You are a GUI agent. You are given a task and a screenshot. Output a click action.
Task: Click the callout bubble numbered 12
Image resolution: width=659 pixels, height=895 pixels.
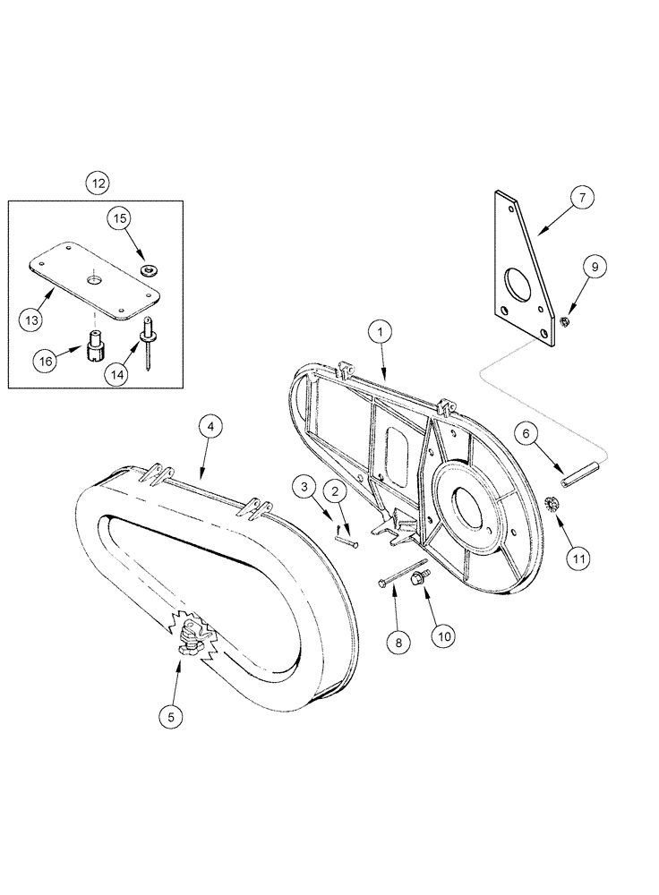tap(97, 183)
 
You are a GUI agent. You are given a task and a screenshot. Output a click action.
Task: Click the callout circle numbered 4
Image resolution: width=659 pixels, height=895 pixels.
tap(209, 428)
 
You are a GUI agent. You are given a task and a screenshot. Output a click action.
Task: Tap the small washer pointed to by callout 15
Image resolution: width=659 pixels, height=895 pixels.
tap(147, 268)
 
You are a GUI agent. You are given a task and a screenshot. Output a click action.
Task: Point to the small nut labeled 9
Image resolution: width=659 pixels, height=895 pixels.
tap(566, 321)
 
